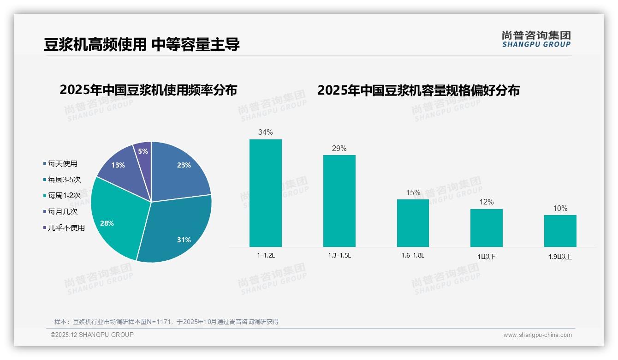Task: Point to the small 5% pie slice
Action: click(143, 151)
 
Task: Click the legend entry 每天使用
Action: click(62, 163)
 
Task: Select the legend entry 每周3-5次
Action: click(64, 180)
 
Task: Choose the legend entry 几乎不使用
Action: click(66, 228)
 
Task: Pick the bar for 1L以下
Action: click(487, 228)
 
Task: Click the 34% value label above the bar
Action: click(266, 132)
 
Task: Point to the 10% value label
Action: click(560, 209)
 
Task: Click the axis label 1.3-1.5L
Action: click(339, 255)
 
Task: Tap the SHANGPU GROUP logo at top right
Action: click(536, 39)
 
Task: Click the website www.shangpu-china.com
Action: click(537, 335)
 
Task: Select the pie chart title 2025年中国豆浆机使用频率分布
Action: click(148, 90)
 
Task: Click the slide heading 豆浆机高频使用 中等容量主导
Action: click(142, 44)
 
